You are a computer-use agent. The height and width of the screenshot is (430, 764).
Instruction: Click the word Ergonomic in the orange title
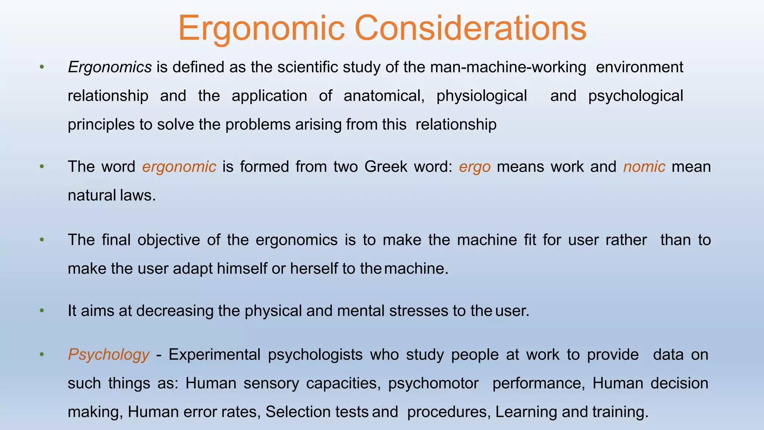pos(261,28)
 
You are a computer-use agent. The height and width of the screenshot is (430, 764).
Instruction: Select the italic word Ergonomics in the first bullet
pos(110,67)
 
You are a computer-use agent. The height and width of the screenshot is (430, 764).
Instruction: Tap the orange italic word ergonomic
pos(179,167)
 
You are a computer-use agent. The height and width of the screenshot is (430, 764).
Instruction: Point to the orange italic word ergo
pos(475,167)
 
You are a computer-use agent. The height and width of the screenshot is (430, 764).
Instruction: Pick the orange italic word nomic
pos(644,167)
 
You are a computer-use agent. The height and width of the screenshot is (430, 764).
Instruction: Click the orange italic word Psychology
pos(109,355)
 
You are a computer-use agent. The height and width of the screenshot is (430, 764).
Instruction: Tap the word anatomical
pos(384,96)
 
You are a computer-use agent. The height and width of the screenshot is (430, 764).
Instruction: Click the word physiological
pos(482,96)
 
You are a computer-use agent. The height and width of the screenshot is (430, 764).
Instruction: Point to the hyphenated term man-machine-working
pos(508,67)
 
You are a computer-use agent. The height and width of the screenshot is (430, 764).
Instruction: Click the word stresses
pos(419,311)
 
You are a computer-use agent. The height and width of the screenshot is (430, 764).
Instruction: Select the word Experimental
pos(215,355)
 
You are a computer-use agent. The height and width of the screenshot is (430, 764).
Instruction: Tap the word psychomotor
pos(433,383)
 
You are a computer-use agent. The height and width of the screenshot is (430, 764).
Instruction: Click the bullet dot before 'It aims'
pos(42,311)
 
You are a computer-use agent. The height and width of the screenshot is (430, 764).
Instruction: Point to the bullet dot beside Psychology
pos(42,355)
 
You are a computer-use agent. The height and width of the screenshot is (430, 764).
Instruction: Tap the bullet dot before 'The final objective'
pos(42,240)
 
